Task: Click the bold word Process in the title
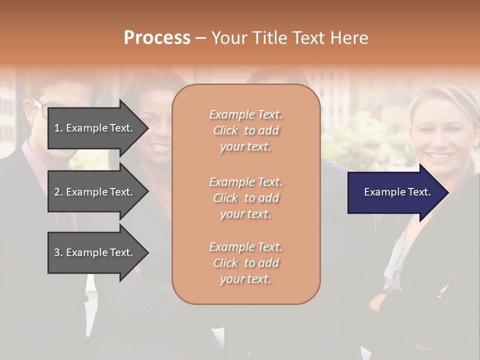[x=157, y=38]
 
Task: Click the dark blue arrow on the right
[x=395, y=192]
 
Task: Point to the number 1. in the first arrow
[x=58, y=128]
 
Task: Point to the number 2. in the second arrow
[x=58, y=192]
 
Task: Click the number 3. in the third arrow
[x=58, y=252]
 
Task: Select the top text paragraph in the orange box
[x=246, y=130]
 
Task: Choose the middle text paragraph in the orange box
[x=246, y=197]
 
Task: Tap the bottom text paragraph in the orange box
[x=246, y=263]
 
